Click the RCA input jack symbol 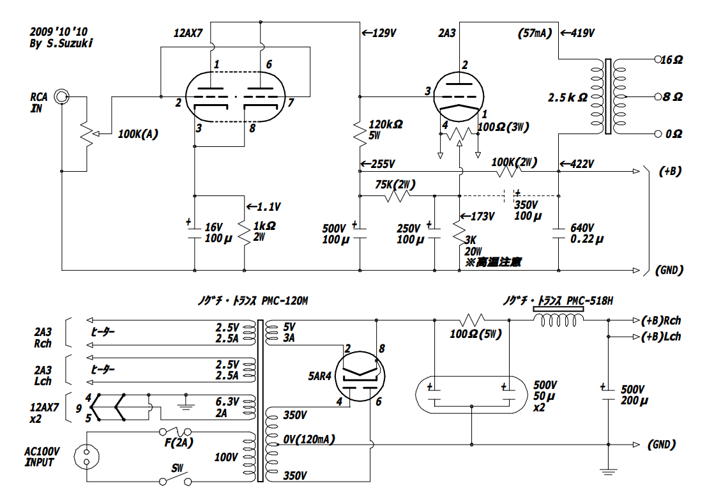click(61, 96)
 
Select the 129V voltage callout click(380, 32)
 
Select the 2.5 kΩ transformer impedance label click(567, 98)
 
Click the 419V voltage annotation click(578, 32)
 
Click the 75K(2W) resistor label click(396, 185)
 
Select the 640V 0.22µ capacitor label click(582, 233)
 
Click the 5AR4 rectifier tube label click(317, 376)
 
